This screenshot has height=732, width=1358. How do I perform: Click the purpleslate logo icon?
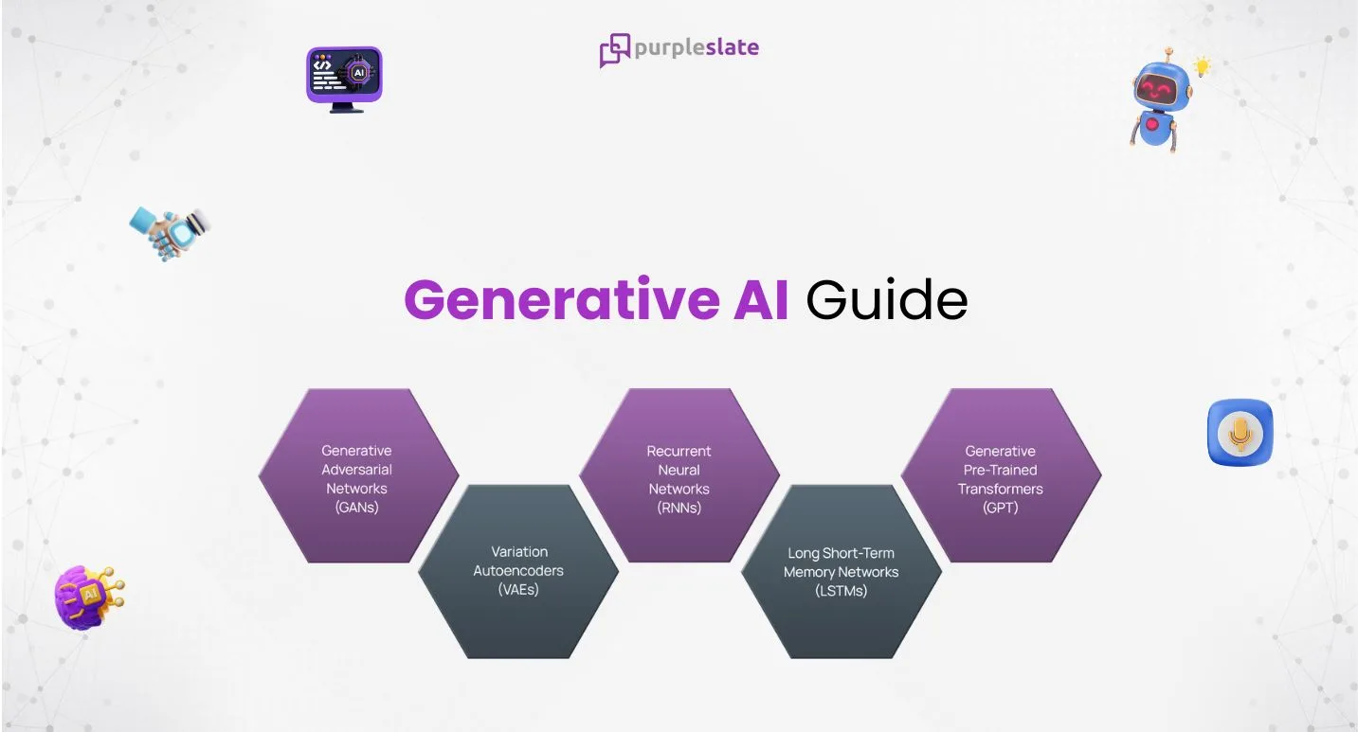pyautogui.click(x=614, y=49)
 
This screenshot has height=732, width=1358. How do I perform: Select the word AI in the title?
pyautogui.click(x=760, y=301)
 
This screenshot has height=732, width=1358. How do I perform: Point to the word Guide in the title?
pyautogui.click(x=886, y=301)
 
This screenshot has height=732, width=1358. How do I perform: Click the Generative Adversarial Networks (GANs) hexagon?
pyautogui.click(x=357, y=475)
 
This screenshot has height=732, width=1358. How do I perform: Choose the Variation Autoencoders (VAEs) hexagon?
pyautogui.click(x=518, y=571)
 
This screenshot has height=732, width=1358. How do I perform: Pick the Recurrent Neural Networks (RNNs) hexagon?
pyautogui.click(x=679, y=475)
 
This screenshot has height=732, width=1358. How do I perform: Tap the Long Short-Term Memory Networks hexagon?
pyautogui.click(x=841, y=571)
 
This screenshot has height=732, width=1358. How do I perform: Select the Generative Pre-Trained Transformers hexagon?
pyautogui.click(x=1000, y=475)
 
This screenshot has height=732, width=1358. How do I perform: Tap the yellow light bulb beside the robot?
pyautogui.click(x=1202, y=66)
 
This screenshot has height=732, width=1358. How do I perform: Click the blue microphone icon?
pyautogui.click(x=1240, y=433)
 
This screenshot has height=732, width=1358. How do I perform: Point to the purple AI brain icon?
pyautogui.click(x=88, y=598)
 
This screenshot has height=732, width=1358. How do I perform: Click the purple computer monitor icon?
pyautogui.click(x=344, y=78)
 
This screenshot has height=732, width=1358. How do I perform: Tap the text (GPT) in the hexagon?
pyautogui.click(x=1000, y=508)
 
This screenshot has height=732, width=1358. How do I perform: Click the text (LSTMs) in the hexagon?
pyautogui.click(x=841, y=591)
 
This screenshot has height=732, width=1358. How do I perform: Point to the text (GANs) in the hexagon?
pyautogui.click(x=357, y=508)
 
